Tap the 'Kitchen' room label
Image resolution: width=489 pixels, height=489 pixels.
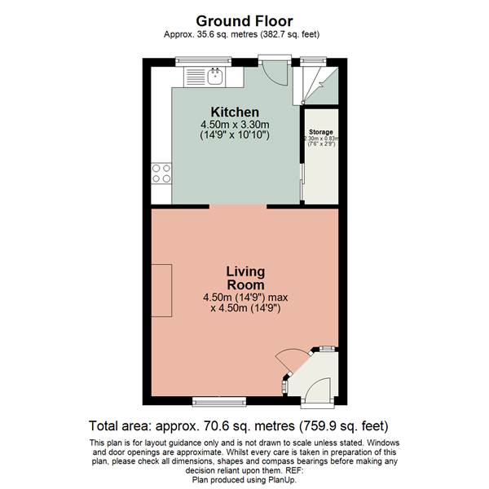235,112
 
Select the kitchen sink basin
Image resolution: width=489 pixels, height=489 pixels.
216,77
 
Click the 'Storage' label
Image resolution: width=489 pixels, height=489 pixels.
320,131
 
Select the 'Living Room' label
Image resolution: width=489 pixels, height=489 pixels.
245,278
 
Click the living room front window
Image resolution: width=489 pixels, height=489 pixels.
218,400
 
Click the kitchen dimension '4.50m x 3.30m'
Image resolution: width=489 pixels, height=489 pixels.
235,124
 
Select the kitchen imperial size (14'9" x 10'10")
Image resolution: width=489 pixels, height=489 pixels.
235,134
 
